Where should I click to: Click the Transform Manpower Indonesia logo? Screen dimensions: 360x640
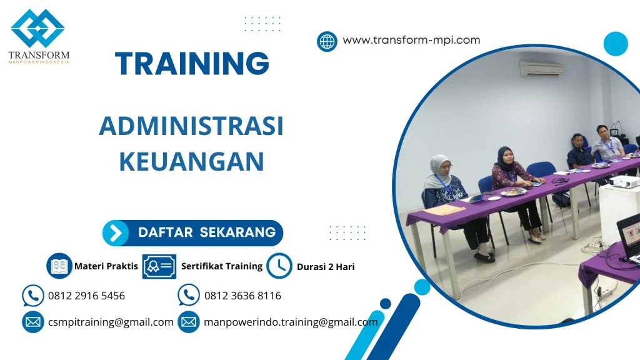pyautogui.click(x=38, y=36)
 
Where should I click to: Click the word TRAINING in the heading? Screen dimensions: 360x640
pyautogui.click(x=192, y=64)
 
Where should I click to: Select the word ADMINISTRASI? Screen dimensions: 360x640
pyautogui.click(x=191, y=127)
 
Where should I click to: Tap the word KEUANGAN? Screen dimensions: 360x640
pyautogui.click(x=191, y=161)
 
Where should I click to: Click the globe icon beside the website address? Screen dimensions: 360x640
pyautogui.click(x=327, y=41)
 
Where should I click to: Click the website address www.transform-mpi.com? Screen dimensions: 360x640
pyautogui.click(x=411, y=40)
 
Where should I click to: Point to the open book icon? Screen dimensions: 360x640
pyautogui.click(x=59, y=266)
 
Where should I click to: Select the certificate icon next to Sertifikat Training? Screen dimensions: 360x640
pyautogui.click(x=159, y=266)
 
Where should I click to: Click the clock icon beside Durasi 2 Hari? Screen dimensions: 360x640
pyautogui.click(x=279, y=266)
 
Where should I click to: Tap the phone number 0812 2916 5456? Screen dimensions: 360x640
pyautogui.click(x=86, y=296)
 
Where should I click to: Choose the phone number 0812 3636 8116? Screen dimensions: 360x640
pyautogui.click(x=242, y=296)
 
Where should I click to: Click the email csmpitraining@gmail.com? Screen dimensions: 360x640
pyautogui.click(x=111, y=322)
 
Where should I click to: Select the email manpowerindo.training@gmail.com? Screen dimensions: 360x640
pyautogui.click(x=291, y=322)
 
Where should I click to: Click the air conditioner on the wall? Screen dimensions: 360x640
pyautogui.click(x=541, y=68)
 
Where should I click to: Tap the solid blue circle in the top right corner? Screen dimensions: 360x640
pyautogui.click(x=616, y=44)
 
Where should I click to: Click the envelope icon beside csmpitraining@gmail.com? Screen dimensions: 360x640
pyautogui.click(x=32, y=322)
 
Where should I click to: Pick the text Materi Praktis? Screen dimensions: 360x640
pyautogui.click(x=106, y=266)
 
